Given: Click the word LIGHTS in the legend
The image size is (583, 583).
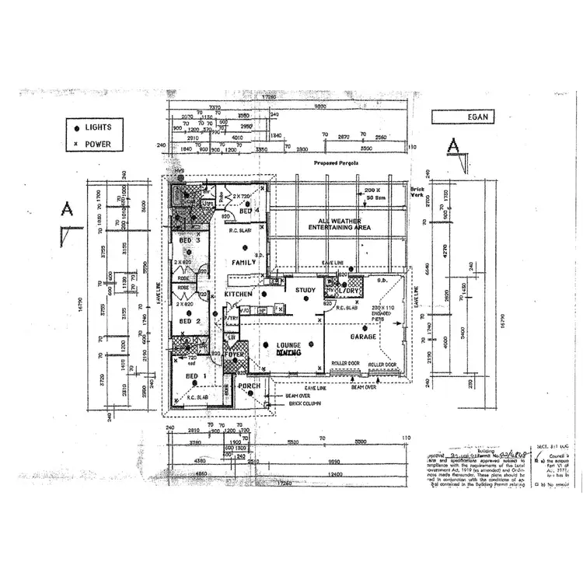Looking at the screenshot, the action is [99, 127].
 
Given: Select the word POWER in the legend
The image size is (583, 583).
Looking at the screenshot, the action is [99, 144].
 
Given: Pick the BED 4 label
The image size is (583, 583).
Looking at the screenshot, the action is [247, 211].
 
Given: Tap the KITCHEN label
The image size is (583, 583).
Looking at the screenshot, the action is [237, 296].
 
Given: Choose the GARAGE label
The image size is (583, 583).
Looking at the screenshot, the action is [362, 337].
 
